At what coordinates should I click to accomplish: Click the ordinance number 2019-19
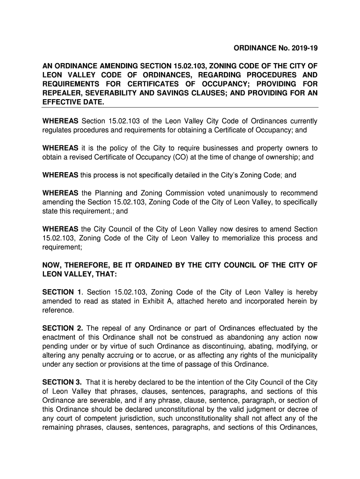click(304, 48)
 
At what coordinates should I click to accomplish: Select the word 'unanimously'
click(250, 193)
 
